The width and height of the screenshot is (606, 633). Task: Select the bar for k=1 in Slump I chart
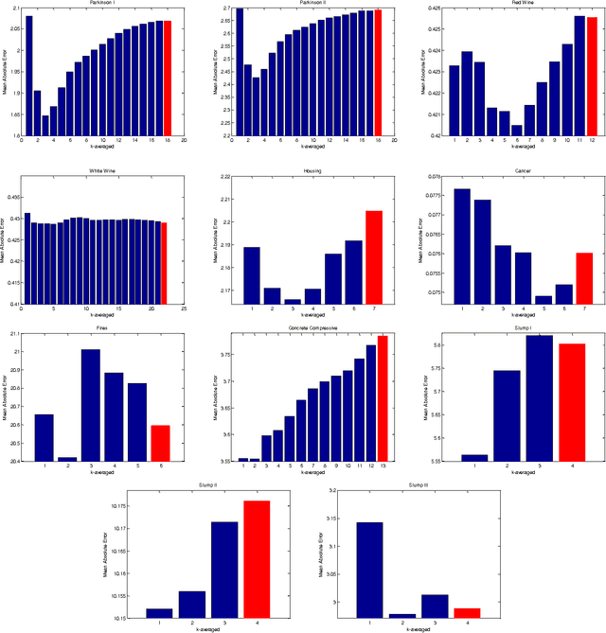[x=474, y=457]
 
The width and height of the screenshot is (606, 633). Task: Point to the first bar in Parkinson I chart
[x=28, y=76]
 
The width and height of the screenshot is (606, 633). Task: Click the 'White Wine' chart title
[x=98, y=171]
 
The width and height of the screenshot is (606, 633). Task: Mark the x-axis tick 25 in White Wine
[x=184, y=308]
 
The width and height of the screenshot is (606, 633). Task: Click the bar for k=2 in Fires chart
[x=67, y=459]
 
